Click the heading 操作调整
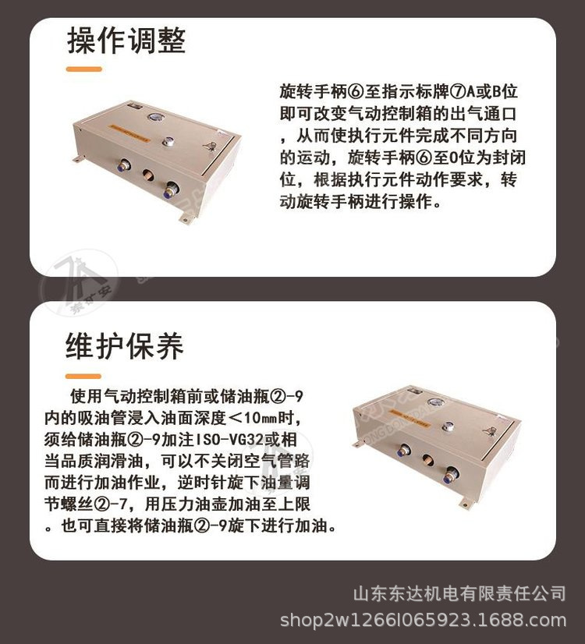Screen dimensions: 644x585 tap(126, 40)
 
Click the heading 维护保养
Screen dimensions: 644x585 tap(125, 345)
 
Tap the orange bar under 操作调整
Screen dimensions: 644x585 tap(84, 69)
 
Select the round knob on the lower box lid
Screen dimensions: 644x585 tap(448, 427)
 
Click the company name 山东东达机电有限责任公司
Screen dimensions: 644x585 tap(459, 595)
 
